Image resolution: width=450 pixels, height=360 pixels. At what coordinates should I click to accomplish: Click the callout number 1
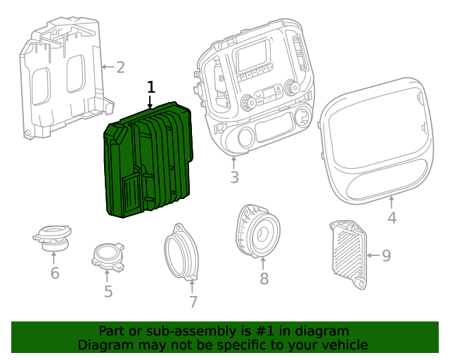(150, 87)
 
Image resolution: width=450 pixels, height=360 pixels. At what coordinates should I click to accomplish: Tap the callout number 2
(120, 67)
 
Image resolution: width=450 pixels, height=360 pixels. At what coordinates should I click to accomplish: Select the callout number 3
(234, 176)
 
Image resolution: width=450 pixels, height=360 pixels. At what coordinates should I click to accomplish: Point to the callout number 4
(392, 218)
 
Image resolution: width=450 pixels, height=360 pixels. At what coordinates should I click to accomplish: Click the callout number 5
(108, 291)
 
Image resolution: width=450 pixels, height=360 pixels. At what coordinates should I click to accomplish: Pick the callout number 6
(55, 273)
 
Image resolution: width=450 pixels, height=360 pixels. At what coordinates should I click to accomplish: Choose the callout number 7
(193, 302)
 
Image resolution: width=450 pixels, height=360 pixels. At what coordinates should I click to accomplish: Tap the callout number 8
(264, 278)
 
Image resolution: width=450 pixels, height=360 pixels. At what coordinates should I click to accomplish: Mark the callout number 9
(386, 255)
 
